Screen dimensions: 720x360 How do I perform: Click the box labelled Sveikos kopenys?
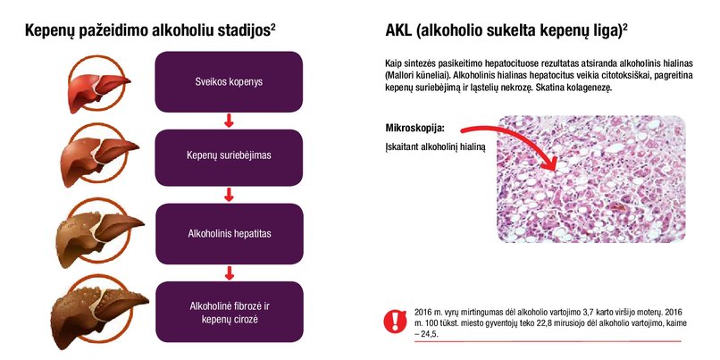click(x=229, y=81)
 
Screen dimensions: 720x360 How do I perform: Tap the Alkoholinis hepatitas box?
click(x=230, y=234)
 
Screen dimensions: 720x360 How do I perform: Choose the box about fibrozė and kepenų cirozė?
click(x=230, y=312)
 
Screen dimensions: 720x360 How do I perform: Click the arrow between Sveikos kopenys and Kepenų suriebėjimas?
click(x=229, y=121)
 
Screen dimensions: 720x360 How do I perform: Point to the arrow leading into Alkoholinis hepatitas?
click(x=229, y=195)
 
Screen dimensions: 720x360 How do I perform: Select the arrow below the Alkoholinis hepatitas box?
click(x=230, y=273)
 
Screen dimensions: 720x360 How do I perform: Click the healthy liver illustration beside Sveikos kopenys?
click(x=98, y=85)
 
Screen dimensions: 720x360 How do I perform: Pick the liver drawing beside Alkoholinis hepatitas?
click(x=99, y=234)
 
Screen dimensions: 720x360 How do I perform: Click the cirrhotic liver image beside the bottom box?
click(x=99, y=313)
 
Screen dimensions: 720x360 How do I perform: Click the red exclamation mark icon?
click(x=395, y=321)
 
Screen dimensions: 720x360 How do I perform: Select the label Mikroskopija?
click(x=415, y=128)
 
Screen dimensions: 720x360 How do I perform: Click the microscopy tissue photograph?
click(x=591, y=179)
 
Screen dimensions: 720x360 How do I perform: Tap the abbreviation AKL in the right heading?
click(x=398, y=31)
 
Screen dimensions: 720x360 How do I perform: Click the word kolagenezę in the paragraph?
click(x=592, y=88)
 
